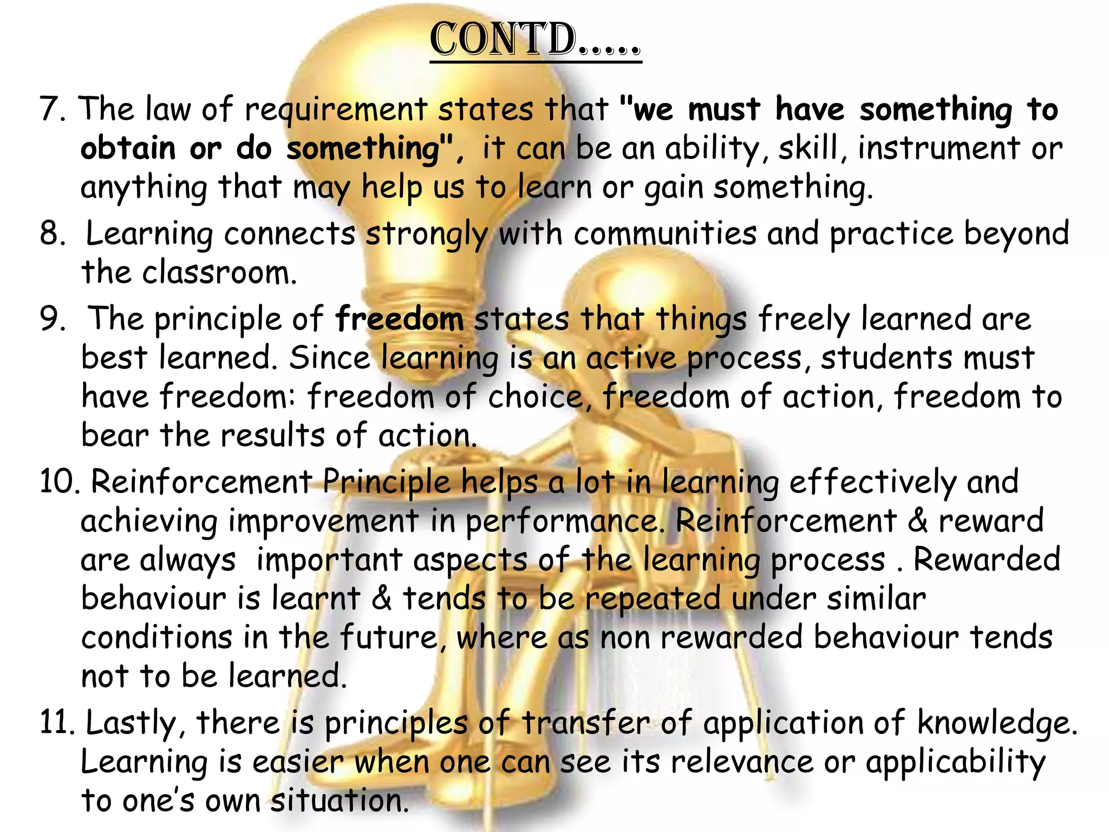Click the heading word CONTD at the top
(504, 40)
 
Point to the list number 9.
(51, 318)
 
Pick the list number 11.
(57, 723)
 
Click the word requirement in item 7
(336, 110)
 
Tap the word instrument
(939, 148)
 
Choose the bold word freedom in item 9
(399, 318)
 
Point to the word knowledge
(996, 724)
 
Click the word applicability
(956, 763)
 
